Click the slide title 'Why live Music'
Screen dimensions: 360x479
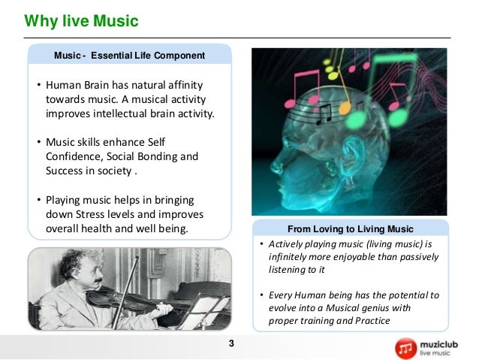[81, 21]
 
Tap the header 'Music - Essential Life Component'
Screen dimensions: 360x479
[129, 55]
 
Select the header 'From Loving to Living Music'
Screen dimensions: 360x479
[350, 228]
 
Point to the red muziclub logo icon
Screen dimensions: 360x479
[406, 346]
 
